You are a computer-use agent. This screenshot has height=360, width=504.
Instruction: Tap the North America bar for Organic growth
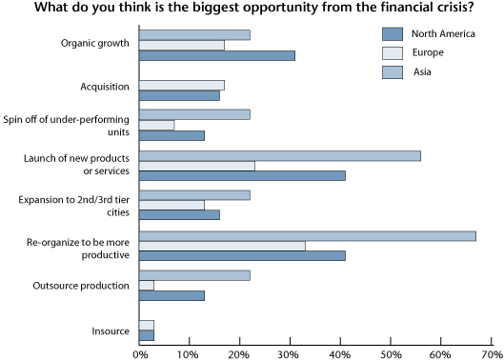217,55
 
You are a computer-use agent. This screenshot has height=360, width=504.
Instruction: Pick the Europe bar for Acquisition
182,85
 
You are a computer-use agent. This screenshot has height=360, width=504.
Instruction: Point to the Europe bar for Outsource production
147,285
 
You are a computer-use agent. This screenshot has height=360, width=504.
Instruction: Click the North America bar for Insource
147,335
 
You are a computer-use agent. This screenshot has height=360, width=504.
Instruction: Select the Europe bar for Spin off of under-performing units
157,125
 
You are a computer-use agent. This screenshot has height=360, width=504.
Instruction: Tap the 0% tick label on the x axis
140,352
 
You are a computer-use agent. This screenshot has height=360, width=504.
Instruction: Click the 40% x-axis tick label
340,352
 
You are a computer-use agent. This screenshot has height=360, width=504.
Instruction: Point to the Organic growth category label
94,44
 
